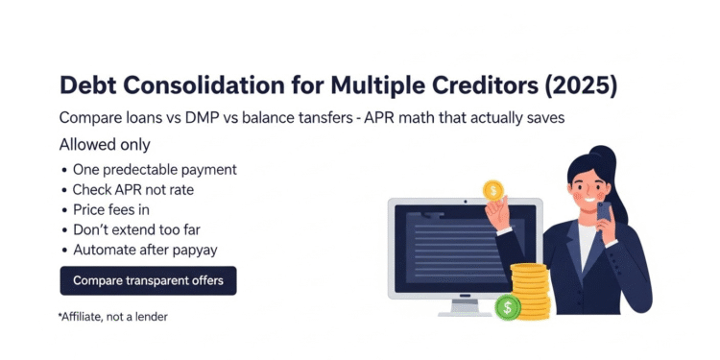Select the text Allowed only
coord(105,145)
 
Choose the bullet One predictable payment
coord(155,170)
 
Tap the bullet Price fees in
coord(111,210)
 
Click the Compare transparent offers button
coord(148,281)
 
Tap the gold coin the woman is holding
coord(493,190)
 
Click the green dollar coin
coord(507,307)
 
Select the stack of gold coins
coord(531,289)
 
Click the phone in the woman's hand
coord(604,210)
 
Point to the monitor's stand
coord(465,305)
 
